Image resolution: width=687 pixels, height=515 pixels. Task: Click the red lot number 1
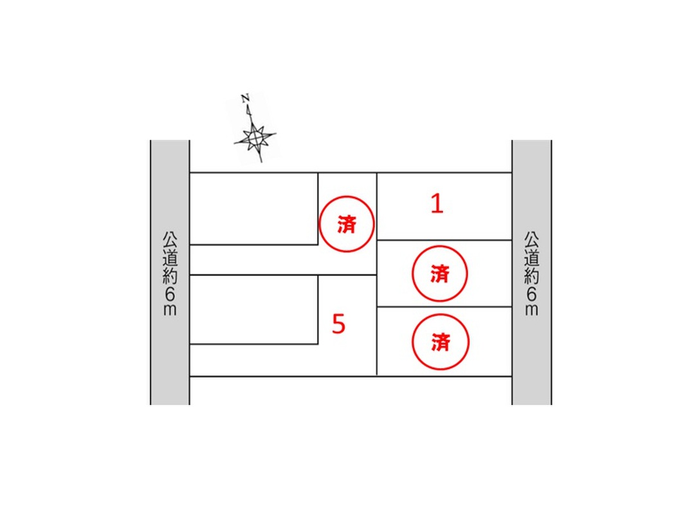[x=437, y=204]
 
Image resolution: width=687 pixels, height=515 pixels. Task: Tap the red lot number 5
[x=339, y=324]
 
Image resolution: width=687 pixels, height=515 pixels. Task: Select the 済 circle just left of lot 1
[x=347, y=224]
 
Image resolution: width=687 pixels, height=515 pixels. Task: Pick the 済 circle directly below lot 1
[x=440, y=274]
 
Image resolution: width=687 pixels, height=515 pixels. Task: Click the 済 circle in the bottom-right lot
[x=441, y=342]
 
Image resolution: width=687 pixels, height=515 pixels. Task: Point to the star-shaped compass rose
[x=255, y=138]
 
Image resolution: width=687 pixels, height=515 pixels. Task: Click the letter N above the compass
[x=245, y=98]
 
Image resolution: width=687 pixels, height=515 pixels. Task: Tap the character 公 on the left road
[x=170, y=239]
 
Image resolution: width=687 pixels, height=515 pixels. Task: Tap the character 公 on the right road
[x=531, y=239]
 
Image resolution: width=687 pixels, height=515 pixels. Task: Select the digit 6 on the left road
[x=170, y=294]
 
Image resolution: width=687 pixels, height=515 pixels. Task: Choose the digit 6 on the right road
[x=531, y=294]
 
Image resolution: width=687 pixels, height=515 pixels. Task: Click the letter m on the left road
[x=170, y=310]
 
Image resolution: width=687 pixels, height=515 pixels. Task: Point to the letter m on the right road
[x=531, y=310]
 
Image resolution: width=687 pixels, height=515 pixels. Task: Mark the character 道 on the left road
[x=170, y=257]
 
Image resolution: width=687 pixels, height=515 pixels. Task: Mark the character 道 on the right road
[x=531, y=257]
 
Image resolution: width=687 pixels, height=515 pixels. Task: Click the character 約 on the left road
[x=170, y=276]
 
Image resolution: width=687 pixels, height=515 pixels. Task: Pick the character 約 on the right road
[x=531, y=276]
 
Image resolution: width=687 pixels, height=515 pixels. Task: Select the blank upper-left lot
[x=253, y=209]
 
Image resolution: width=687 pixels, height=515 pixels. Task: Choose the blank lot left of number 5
[x=253, y=310]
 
